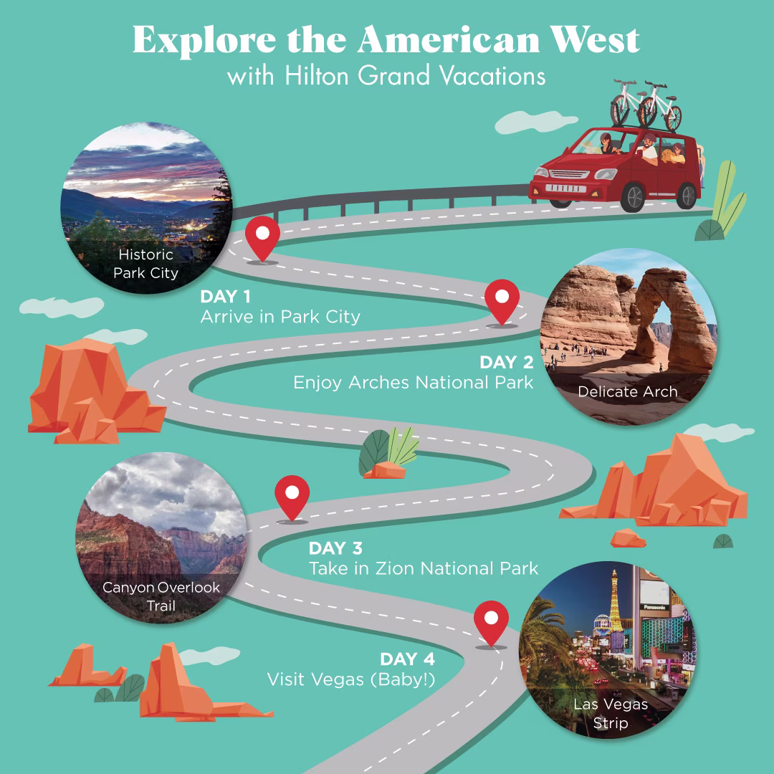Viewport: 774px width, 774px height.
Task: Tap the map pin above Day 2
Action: point(502,300)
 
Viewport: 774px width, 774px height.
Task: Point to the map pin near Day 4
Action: point(491,621)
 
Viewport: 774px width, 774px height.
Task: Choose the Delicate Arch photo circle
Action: point(628,337)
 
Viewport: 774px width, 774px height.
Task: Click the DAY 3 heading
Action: point(336,549)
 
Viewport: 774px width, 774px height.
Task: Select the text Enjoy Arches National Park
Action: point(414,383)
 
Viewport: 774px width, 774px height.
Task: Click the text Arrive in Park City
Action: point(280,317)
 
